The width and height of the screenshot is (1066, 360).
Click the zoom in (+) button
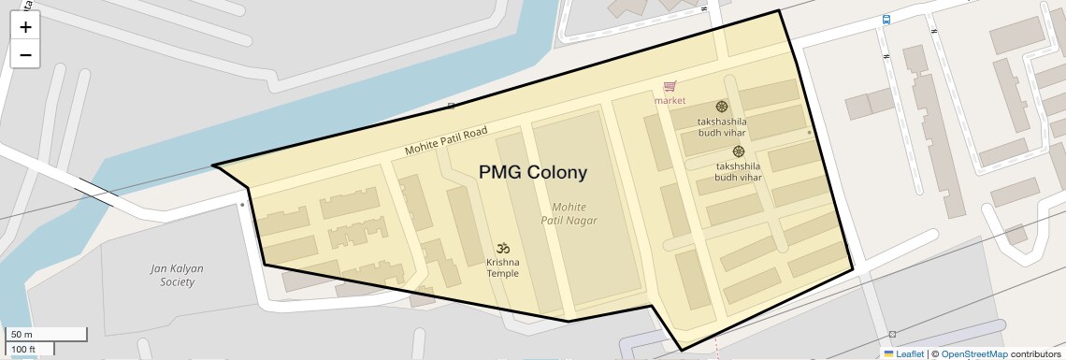tap(25, 27)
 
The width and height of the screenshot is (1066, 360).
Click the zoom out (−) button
tap(25, 55)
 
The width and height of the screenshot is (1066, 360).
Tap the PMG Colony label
tap(533, 173)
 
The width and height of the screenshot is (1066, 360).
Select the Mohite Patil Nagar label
tap(569, 213)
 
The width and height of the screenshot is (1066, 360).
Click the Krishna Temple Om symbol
tap(502, 249)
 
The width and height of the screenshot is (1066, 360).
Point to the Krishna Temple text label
tap(502, 267)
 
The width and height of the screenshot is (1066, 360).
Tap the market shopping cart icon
tap(670, 87)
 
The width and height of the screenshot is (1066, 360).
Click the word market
tap(670, 100)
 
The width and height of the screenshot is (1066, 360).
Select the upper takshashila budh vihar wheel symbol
tap(721, 107)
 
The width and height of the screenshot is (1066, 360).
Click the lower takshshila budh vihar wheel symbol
tap(739, 151)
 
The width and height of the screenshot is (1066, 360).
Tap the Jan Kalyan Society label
tap(177, 275)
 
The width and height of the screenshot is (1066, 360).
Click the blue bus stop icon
tap(886, 19)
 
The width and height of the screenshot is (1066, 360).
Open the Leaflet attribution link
tap(910, 353)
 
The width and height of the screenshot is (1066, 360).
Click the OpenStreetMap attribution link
tap(973, 353)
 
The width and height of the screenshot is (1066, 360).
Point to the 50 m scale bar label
tap(22, 335)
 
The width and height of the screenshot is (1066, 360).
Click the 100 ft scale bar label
tap(23, 350)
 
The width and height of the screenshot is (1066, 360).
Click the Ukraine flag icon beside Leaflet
tap(888, 353)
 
